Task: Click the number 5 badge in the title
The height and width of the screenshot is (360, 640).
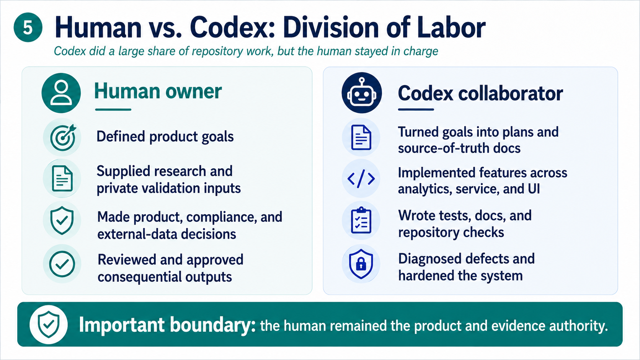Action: (x=28, y=28)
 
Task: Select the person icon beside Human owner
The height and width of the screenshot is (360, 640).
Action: (x=61, y=93)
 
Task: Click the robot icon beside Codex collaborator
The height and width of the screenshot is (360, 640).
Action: (x=362, y=93)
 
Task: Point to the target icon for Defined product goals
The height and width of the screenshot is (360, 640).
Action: (x=62, y=137)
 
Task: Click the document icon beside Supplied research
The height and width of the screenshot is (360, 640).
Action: (x=62, y=179)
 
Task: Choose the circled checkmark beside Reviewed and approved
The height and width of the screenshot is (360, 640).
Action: (x=62, y=264)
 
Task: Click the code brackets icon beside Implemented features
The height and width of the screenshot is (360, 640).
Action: (x=361, y=179)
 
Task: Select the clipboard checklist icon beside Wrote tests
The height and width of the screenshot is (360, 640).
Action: (x=361, y=220)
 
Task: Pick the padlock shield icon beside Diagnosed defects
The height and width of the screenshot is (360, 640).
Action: (x=361, y=264)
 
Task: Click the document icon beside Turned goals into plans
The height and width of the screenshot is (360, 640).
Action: (x=361, y=137)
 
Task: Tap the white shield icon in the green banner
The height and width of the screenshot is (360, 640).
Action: (x=49, y=324)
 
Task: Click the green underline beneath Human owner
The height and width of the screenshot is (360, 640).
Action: (x=113, y=109)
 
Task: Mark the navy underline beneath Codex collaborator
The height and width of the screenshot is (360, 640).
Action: (x=416, y=109)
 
